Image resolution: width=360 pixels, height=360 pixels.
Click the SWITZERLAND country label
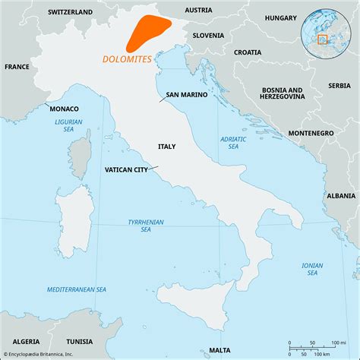click(x=70, y=12)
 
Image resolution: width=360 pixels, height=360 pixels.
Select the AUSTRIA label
click(x=198, y=10)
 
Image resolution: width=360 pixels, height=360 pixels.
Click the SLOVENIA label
click(x=208, y=35)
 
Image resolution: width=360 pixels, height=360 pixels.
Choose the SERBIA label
click(x=339, y=85)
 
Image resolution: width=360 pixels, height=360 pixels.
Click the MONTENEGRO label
click(x=311, y=133)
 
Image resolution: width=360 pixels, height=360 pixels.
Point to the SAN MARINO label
click(x=183, y=96)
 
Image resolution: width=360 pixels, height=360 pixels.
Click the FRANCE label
click(x=17, y=67)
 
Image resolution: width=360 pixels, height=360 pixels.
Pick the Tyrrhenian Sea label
click(x=137, y=225)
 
